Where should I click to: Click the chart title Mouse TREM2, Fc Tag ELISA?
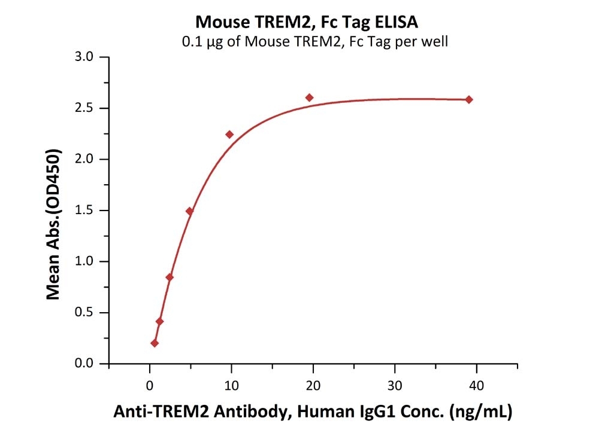307,23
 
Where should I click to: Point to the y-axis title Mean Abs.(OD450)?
53,225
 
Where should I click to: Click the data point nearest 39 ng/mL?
469,99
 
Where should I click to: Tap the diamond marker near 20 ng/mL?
309,97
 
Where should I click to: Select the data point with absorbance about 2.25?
229,134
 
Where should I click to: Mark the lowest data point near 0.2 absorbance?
155,343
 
